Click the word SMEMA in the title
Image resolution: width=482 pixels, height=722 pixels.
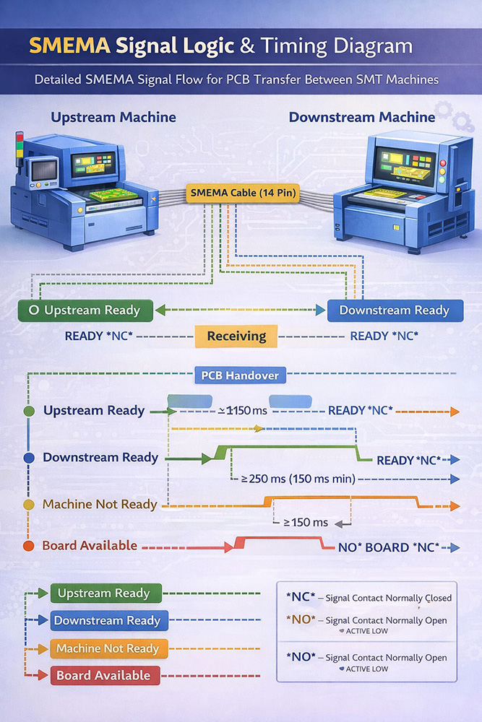pos(70,47)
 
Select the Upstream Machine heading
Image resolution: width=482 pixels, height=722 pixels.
pos(113,117)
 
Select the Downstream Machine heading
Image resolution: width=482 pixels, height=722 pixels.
pos(362,117)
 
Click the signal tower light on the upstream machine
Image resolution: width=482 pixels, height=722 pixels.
pos(20,146)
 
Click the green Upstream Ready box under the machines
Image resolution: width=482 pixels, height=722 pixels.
pos(85,310)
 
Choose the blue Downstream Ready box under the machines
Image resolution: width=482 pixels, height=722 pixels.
pos(395,310)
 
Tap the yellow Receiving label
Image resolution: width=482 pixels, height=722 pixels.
pos(236,336)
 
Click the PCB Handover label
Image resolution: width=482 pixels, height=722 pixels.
pos(241,375)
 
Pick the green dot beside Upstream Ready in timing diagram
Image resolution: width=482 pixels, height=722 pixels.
pos(29,411)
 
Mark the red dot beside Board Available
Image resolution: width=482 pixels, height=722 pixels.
pos(29,547)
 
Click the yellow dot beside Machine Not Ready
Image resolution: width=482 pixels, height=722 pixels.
pos(29,504)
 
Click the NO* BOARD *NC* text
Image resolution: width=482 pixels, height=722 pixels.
pos(387,547)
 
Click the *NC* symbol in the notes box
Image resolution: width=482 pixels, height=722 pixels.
pos(298,597)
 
